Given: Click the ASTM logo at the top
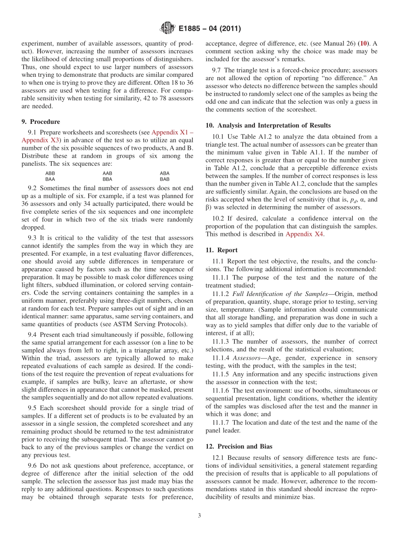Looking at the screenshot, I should coord(168,29).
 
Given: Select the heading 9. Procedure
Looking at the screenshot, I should coord(41,122).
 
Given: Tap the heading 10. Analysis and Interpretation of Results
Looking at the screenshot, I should coord(268,126).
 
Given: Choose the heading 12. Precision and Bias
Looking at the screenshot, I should coord(233,447).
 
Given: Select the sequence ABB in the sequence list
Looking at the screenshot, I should coord(50,173).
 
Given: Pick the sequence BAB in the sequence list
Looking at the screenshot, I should coord(165,179).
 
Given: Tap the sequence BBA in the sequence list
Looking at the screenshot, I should coord(108,179).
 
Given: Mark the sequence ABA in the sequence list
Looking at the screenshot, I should coord(165,173).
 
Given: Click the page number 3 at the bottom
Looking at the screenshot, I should coord(199,516).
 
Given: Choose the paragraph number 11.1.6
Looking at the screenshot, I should coord(221,390).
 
